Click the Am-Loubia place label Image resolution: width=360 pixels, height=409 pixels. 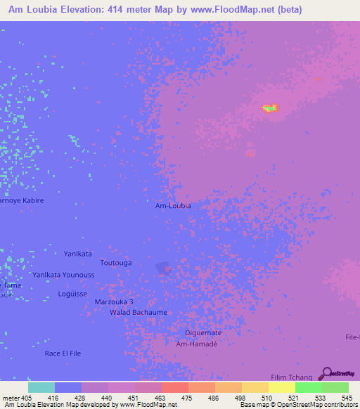tap(173, 206)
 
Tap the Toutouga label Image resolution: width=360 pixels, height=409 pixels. tap(116, 263)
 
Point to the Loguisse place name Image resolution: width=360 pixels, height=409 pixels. tap(72, 294)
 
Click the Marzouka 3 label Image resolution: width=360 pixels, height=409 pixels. tap(114, 301)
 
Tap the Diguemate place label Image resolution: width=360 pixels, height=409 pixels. tap(203, 332)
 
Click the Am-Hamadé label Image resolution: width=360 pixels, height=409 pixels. tap(197, 344)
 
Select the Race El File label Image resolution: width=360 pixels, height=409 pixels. tap(65, 353)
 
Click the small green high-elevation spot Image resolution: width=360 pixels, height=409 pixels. tap(270, 108)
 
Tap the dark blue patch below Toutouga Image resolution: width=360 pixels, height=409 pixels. tap(162, 268)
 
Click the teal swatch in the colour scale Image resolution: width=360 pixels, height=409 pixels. tap(41, 387)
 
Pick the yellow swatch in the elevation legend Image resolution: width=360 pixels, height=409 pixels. tap(281, 387)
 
